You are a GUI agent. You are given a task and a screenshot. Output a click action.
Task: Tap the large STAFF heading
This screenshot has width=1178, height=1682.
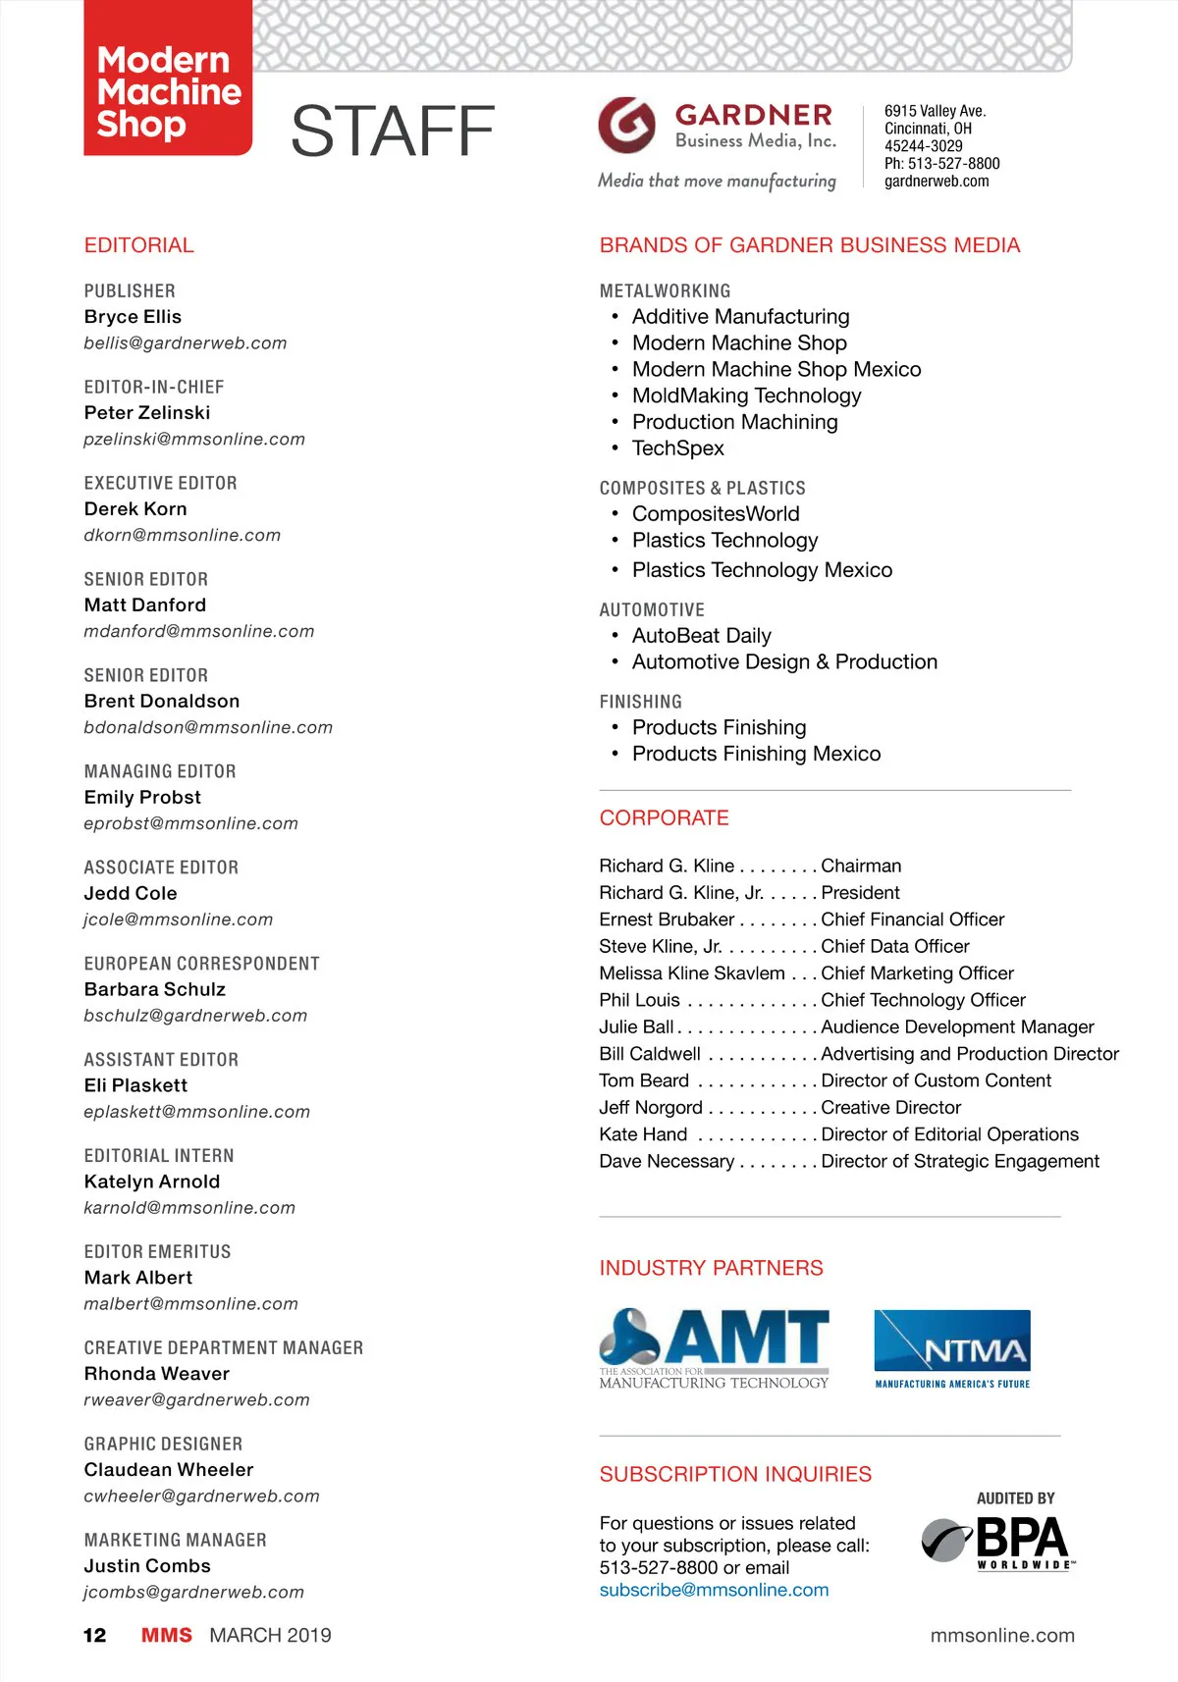point(393,131)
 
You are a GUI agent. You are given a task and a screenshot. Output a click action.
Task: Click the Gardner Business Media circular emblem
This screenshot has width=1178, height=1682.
point(626,125)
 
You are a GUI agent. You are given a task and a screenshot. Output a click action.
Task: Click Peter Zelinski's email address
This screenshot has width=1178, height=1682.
point(194,439)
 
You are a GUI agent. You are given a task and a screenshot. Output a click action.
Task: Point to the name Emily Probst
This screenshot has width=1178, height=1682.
point(142,797)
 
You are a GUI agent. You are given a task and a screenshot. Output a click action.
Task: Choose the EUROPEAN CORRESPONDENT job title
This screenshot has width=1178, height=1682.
point(201,964)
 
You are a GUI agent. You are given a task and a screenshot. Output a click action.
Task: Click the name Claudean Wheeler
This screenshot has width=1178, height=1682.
point(169,1469)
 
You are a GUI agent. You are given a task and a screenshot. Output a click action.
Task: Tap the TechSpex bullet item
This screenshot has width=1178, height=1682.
point(677,448)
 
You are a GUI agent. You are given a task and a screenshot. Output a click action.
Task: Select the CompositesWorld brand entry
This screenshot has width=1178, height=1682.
point(716,514)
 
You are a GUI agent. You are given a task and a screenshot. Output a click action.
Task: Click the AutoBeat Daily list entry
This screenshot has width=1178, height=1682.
point(701,636)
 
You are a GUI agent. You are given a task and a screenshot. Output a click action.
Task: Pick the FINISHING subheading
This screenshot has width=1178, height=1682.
point(640,702)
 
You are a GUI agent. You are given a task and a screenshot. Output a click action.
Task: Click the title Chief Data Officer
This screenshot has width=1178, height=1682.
point(894,946)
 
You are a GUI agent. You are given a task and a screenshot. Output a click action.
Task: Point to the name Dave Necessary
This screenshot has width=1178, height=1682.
point(667,1161)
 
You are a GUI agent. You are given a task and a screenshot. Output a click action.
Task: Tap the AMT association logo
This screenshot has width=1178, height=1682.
point(714,1348)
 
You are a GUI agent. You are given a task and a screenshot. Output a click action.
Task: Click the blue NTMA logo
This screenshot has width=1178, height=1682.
point(951,1348)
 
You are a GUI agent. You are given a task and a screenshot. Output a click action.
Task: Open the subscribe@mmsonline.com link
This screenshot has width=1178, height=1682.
point(714,1590)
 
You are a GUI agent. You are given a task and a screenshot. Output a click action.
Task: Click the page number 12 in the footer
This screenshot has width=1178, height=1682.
point(94,1635)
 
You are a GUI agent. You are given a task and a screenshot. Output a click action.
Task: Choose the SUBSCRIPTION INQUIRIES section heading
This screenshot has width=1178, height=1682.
point(735,1474)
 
